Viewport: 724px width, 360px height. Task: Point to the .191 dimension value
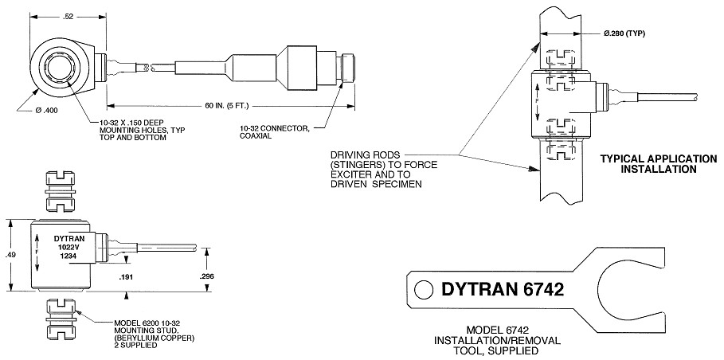tap(125, 277)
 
